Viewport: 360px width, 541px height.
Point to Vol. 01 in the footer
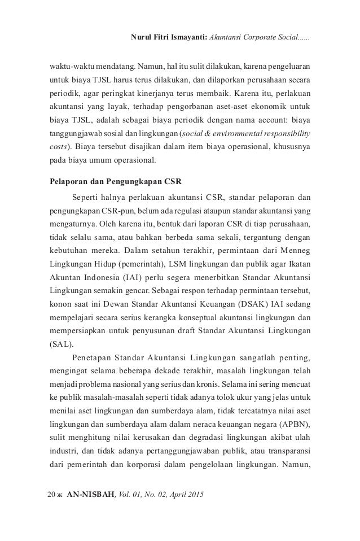[130, 495]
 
